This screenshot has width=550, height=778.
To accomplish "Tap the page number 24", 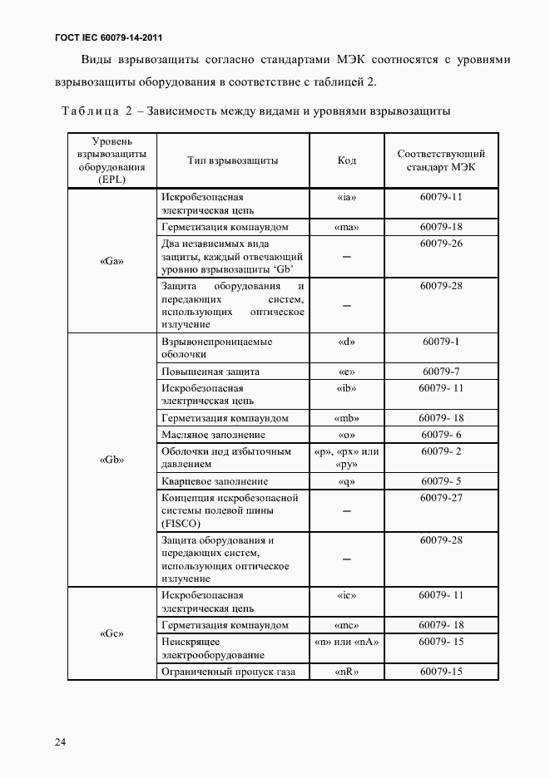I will (61, 741).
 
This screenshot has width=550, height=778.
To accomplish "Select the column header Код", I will (346, 160).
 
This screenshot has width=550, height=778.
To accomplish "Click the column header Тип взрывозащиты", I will (233, 160).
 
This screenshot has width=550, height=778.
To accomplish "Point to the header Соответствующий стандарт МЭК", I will (441, 160).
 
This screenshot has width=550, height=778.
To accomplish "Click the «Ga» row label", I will (111, 260).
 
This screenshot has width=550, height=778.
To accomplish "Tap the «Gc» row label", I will (111, 633).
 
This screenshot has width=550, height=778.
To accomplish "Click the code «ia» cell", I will (346, 198).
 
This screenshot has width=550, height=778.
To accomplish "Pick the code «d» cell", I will (346, 342).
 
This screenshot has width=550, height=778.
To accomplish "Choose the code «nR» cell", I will (346, 672).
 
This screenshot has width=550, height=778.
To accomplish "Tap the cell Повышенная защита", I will (211, 372).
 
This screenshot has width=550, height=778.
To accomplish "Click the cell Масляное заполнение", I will (213, 435).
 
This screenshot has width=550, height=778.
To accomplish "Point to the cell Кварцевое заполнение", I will (215, 481).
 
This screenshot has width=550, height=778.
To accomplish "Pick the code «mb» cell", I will (346, 418).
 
